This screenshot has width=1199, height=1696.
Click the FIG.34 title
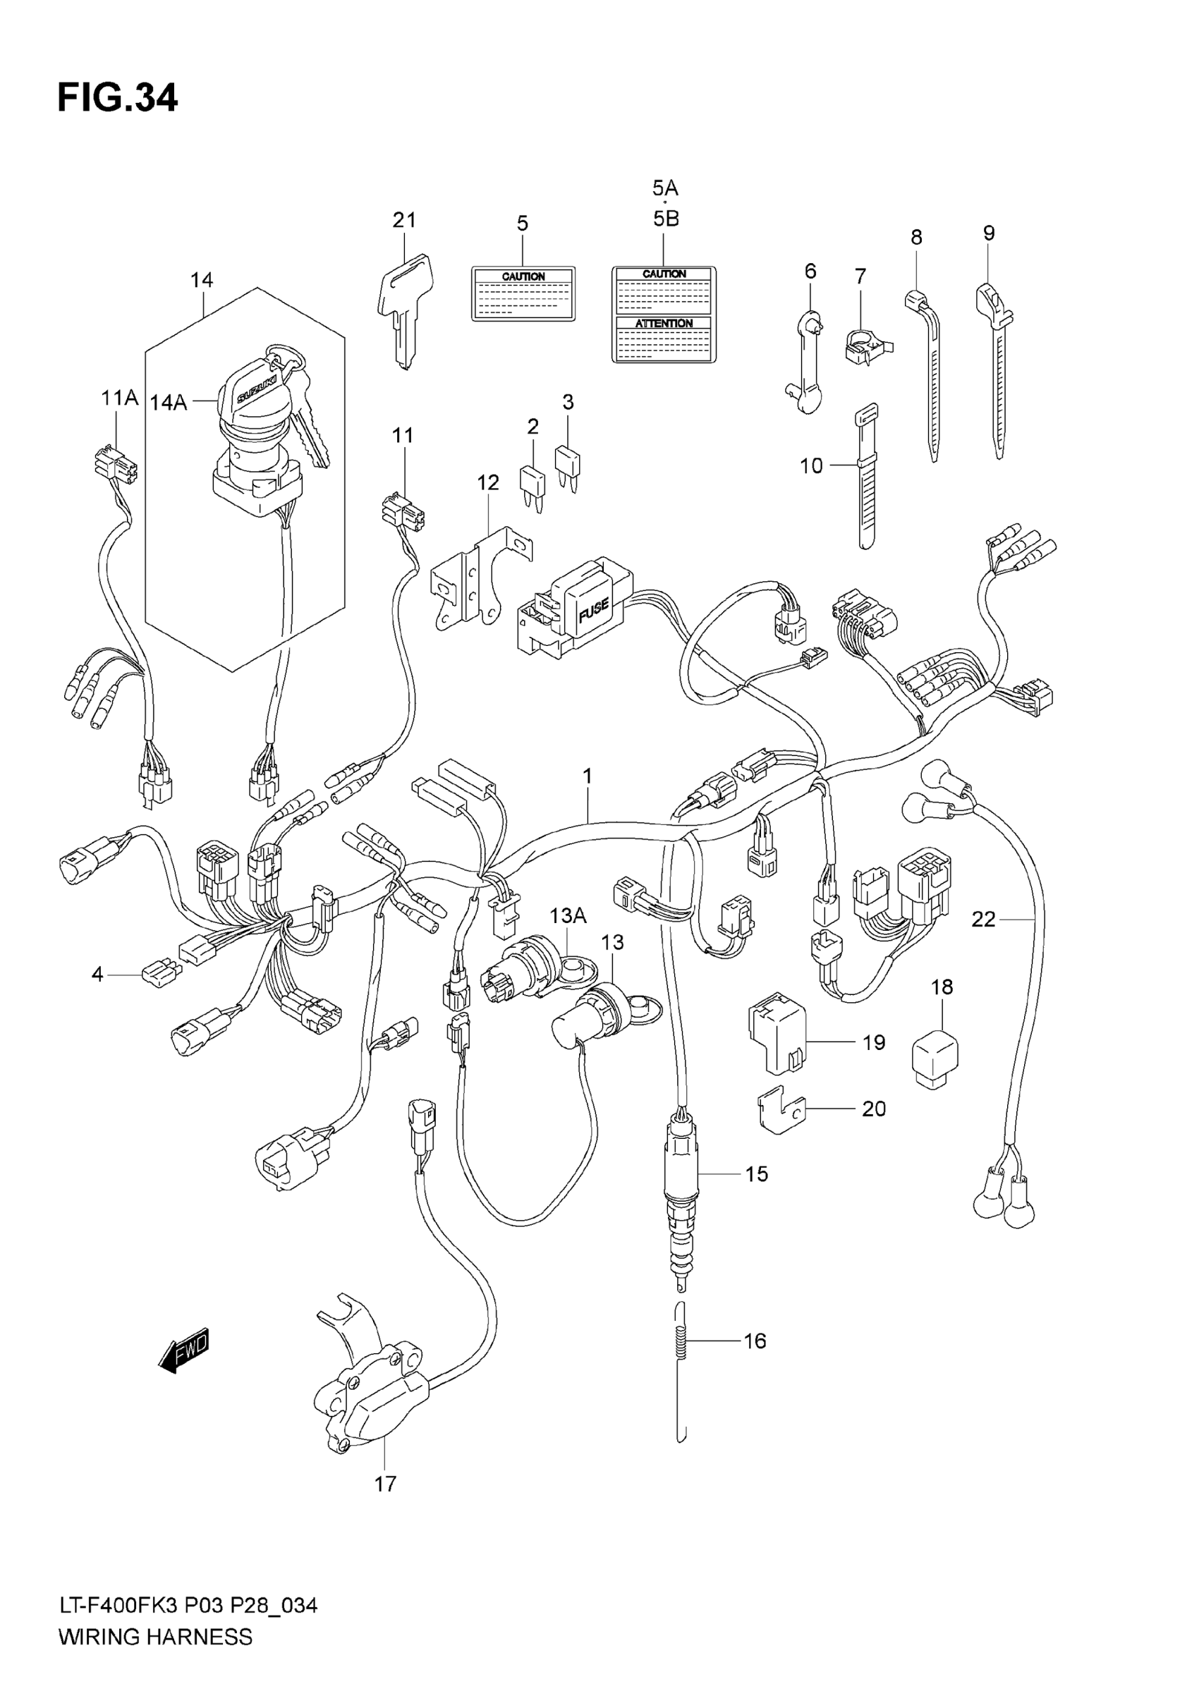click(x=118, y=98)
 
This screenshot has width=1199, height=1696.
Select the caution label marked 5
click(x=523, y=293)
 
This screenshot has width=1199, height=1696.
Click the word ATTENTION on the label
click(x=664, y=324)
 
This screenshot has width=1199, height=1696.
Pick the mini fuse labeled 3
click(x=567, y=464)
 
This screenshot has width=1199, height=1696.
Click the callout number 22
click(x=983, y=919)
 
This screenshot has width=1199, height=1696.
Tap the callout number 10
click(x=811, y=465)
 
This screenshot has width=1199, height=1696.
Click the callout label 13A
click(x=567, y=916)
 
